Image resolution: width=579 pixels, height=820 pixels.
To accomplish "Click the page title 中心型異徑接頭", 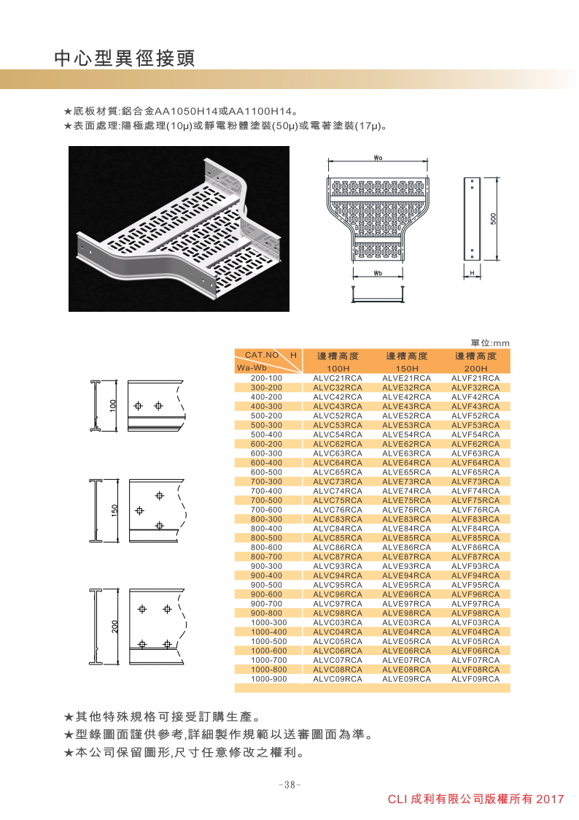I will [x=125, y=58].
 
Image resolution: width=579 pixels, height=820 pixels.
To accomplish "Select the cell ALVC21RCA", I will [x=338, y=378].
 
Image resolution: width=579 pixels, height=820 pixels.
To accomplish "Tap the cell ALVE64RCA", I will [x=407, y=463].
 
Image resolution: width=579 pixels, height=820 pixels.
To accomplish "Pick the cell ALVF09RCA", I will [x=475, y=678].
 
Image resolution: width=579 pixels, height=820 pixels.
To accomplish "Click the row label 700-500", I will [x=266, y=500].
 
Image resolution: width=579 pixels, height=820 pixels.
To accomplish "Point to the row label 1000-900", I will [x=266, y=678].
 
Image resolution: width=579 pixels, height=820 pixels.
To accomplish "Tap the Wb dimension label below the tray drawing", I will [x=377, y=273].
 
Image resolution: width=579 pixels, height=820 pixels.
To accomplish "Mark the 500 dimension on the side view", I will [x=494, y=218].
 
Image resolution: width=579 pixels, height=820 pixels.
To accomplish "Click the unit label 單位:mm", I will [x=490, y=342].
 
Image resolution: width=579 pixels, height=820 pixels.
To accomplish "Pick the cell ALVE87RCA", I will [x=407, y=556].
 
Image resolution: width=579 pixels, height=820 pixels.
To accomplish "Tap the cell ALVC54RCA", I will [x=338, y=434].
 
